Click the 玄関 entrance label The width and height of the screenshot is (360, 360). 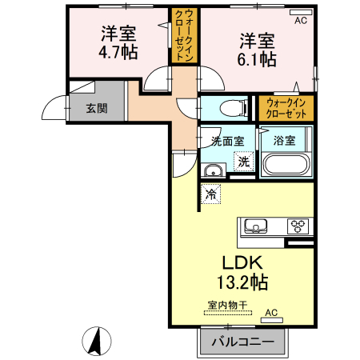(97, 109)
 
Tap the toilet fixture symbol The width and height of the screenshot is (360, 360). (233, 108)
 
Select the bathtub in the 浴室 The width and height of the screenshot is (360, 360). (286, 164)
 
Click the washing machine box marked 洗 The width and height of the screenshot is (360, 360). (243, 162)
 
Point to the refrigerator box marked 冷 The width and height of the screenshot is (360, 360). (210, 194)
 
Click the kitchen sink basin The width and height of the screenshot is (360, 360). (256, 226)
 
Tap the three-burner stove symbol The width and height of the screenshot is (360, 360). (298, 226)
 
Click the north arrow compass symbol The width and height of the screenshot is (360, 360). (97, 341)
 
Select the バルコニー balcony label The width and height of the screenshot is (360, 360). (243, 342)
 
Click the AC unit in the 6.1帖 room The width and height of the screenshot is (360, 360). (301, 12)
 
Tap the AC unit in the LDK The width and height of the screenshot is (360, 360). (271, 320)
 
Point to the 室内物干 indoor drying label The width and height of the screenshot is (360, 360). (227, 305)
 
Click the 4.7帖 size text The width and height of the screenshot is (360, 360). (118, 52)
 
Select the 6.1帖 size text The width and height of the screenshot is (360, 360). (257, 59)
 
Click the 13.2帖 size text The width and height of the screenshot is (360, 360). (242, 282)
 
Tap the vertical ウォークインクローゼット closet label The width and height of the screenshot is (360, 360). (184, 35)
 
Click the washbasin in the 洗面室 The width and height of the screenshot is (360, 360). (213, 170)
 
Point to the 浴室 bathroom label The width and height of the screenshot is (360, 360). (284, 141)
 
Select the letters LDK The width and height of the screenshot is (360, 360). (242, 262)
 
